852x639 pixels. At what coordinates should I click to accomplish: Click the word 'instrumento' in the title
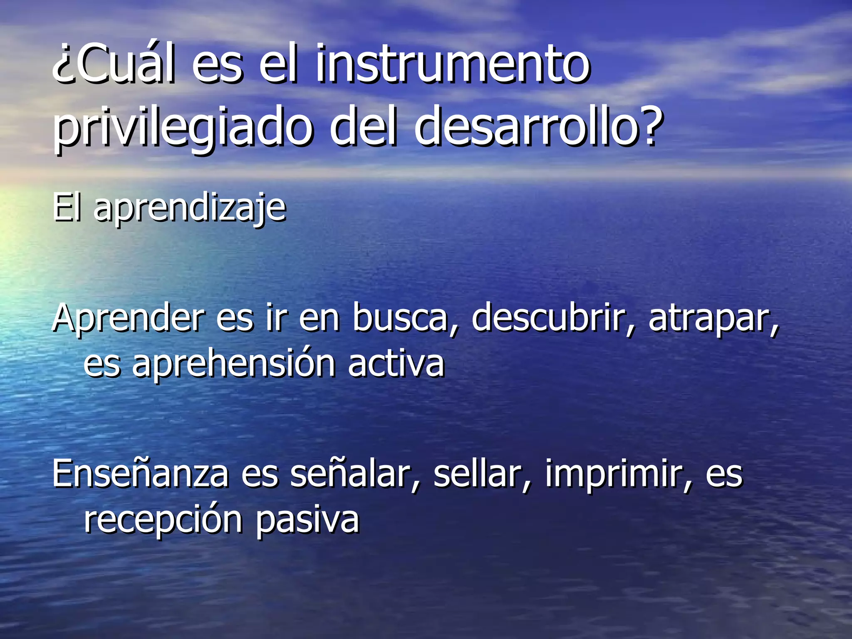click(x=453, y=64)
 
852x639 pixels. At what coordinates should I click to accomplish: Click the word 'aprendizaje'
click(x=190, y=208)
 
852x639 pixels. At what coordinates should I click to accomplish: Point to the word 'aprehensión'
click(x=233, y=364)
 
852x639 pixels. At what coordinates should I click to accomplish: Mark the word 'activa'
click(x=396, y=364)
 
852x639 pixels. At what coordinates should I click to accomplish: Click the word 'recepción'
click(x=163, y=520)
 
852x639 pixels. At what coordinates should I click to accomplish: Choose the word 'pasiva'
click(x=307, y=520)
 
